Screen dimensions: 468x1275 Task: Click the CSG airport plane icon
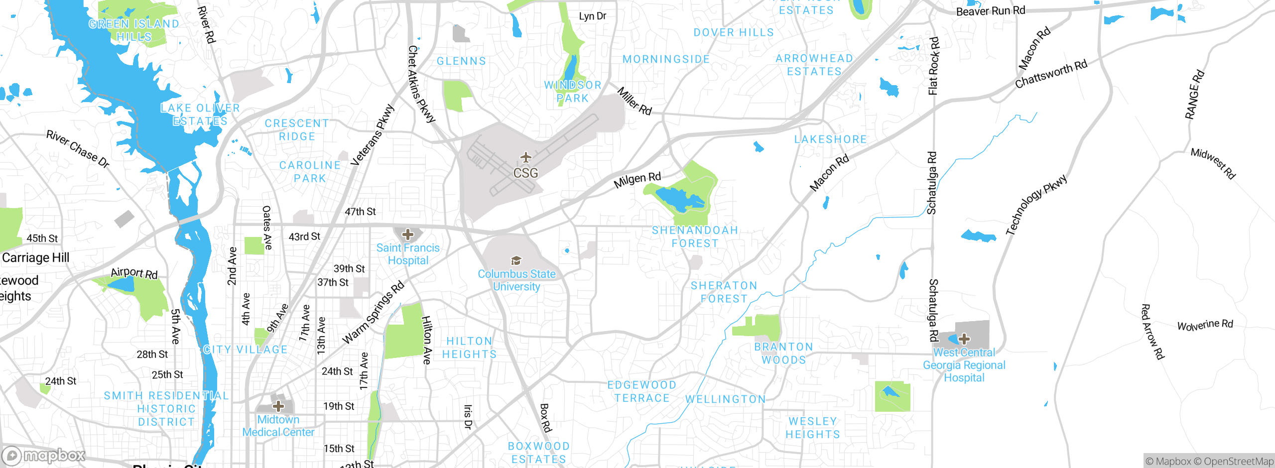tap(526, 158)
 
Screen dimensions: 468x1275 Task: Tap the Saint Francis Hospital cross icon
tap(408, 234)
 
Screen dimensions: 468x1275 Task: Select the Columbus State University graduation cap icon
tap(516, 260)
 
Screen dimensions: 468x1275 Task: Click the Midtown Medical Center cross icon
tap(278, 406)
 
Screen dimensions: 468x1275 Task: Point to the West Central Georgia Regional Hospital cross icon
tap(964, 339)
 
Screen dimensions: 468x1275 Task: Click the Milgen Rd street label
tap(637, 180)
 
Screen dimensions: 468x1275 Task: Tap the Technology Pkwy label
tap(1036, 204)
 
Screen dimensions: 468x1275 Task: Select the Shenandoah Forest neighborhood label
tap(695, 237)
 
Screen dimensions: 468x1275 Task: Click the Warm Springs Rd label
tap(373, 313)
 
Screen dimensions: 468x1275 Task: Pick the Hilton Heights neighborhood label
tap(469, 348)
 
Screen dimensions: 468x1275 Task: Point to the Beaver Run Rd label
tap(990, 10)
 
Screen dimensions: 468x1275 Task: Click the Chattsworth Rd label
tap(1051, 74)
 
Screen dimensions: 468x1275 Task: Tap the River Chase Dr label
tap(78, 148)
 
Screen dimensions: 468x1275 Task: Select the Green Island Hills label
tap(133, 30)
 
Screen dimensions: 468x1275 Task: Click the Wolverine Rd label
tap(1205, 325)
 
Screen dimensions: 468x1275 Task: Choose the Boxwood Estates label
tap(538, 453)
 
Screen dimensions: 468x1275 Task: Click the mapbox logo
tap(44, 456)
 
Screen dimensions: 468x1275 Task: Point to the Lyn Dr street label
tap(592, 16)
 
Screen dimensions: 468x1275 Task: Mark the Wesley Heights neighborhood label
tap(813, 428)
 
